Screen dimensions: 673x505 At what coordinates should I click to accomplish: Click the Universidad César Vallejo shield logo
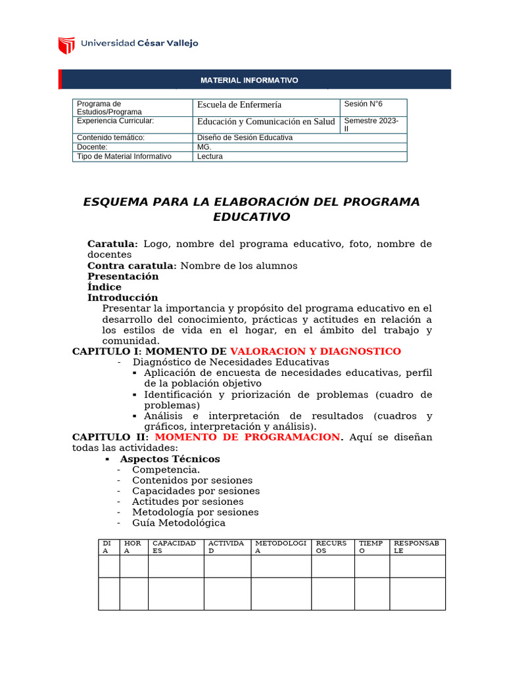[66, 45]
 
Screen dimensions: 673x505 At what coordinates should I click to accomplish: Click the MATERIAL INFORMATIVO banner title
[249, 80]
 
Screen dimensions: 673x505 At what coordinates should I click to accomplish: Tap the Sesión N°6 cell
[363, 104]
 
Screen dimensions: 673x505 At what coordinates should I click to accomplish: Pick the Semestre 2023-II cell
[372, 125]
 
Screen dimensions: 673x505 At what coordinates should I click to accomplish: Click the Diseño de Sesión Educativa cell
[245, 138]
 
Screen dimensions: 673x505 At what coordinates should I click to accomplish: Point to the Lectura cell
[210, 156]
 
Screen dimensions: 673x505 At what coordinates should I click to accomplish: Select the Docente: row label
[92, 147]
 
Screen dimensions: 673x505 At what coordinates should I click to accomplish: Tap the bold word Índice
[105, 287]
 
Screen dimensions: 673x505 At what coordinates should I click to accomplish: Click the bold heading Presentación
[123, 277]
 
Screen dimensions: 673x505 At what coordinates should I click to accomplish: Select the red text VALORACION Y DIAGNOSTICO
[315, 352]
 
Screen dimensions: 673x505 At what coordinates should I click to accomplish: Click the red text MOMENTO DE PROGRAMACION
[249, 437]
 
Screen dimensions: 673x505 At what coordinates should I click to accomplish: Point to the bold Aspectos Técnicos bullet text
[170, 459]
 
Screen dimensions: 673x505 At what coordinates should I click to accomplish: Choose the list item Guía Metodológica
[178, 522]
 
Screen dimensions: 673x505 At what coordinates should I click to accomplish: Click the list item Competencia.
[166, 469]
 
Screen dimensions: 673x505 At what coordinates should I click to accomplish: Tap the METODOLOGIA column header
[281, 547]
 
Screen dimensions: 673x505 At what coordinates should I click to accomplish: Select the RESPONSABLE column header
[418, 547]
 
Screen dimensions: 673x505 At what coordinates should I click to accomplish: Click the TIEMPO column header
[370, 547]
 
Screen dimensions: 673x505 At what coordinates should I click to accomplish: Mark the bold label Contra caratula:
[132, 266]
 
